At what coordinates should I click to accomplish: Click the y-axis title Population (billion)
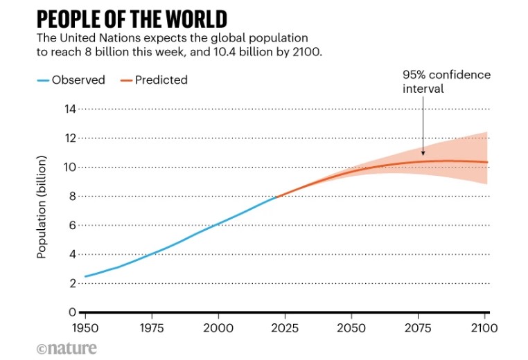42,208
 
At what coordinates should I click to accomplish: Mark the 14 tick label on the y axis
69,109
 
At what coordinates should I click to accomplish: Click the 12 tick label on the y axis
69,138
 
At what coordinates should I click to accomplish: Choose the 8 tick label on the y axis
72,196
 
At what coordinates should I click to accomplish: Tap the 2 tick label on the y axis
72,283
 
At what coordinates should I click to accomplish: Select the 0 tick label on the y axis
72,312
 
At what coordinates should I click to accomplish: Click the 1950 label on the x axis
85,327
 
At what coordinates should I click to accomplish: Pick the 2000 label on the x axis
218,327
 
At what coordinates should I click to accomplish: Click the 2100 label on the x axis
484,327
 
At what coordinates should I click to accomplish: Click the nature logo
67,348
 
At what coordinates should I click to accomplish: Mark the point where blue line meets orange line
276,197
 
